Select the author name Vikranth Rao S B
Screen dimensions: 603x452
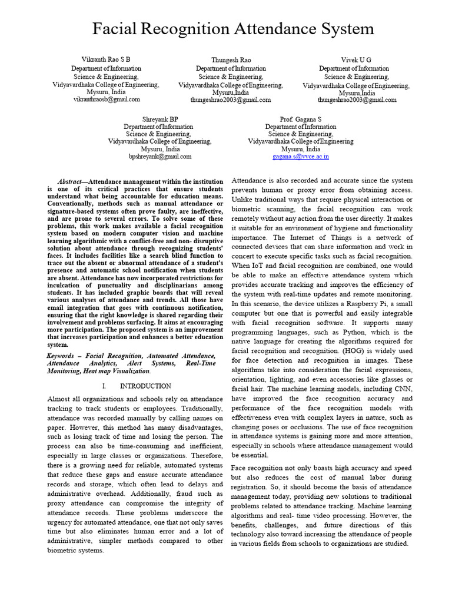(x=106, y=60)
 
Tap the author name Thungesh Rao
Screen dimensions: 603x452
(x=230, y=61)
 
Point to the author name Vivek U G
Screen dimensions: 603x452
(x=356, y=60)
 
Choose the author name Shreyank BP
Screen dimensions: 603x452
(x=160, y=119)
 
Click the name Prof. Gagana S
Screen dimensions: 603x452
(x=301, y=119)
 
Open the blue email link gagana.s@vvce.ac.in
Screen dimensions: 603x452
(x=301, y=157)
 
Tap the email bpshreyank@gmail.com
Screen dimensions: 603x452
(x=160, y=157)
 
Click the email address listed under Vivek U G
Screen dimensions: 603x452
(x=357, y=100)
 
